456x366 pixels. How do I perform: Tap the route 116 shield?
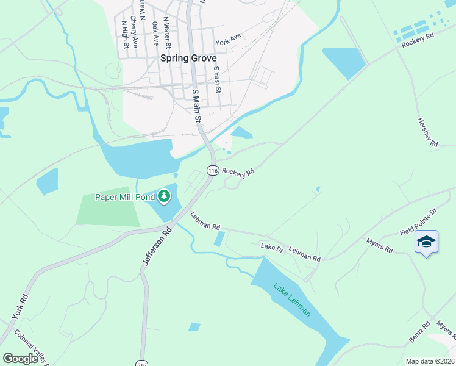[x=212, y=171]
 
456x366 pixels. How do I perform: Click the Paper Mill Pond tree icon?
[x=163, y=196]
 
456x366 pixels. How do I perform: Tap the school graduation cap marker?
[x=426, y=242]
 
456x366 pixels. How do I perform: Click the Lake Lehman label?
[x=292, y=300]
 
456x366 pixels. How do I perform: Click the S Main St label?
[x=196, y=106]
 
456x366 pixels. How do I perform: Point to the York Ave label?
[x=228, y=40]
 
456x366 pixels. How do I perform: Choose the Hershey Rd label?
[x=428, y=132]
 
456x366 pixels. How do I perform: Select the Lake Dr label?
[x=272, y=248]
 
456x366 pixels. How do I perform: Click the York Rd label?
[x=20, y=307]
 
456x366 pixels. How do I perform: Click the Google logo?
[x=21, y=358]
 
